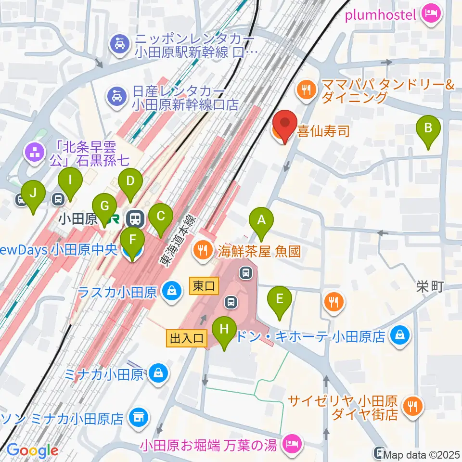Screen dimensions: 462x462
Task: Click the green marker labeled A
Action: pyautogui.click(x=261, y=223)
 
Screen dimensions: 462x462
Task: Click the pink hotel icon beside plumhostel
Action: pyautogui.click(x=430, y=14)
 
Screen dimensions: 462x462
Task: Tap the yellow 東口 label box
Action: pyautogui.click(x=204, y=286)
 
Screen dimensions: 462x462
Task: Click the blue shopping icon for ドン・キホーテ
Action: pyautogui.click(x=400, y=334)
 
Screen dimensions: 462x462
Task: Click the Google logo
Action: pyautogui.click(x=33, y=450)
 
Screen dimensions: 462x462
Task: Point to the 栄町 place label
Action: pyautogui.click(x=430, y=287)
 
